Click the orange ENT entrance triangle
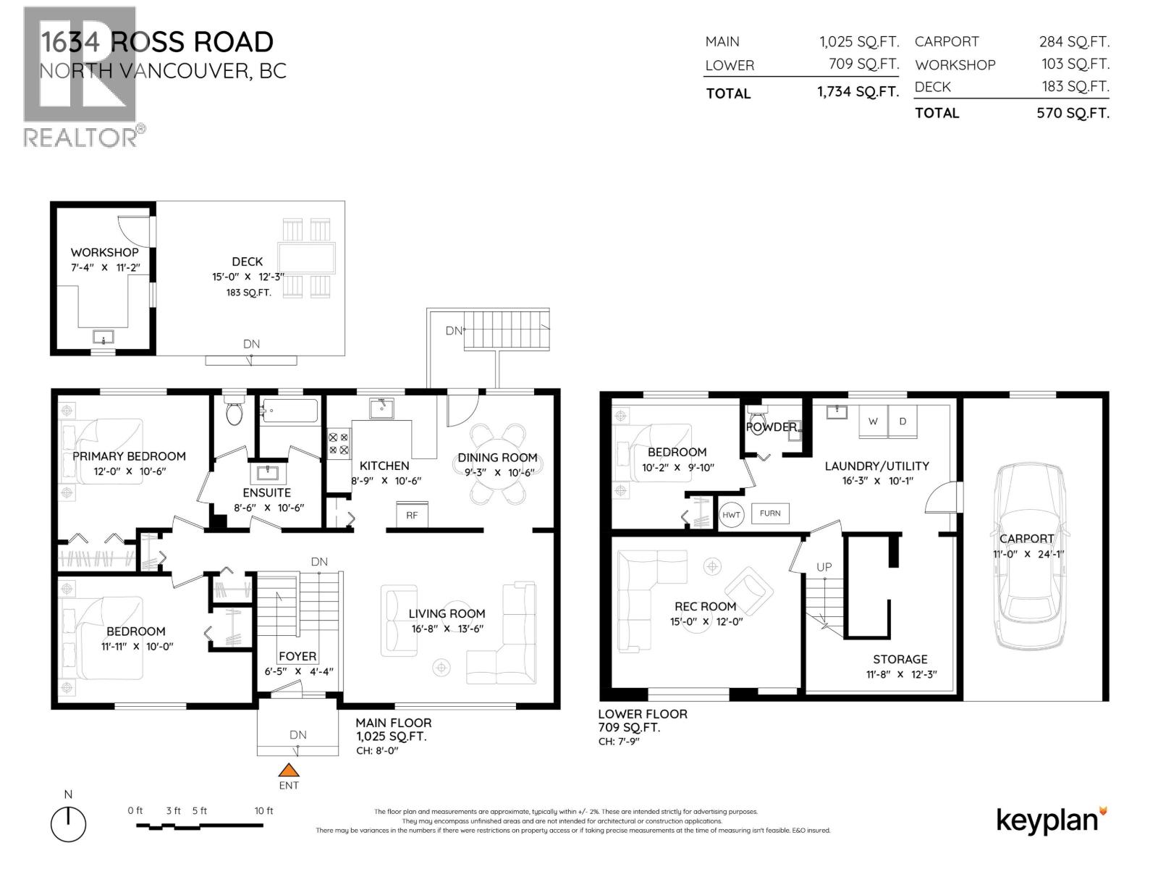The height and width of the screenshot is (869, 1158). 289,771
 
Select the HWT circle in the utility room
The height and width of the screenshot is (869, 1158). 731,515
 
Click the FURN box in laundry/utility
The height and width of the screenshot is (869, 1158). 770,513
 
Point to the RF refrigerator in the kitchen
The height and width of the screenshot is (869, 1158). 412,515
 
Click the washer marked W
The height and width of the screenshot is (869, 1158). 873,421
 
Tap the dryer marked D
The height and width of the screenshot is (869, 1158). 903,421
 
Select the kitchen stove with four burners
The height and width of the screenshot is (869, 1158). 338,443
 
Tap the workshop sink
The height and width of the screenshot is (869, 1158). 103,337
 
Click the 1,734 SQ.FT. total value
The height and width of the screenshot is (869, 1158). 858,93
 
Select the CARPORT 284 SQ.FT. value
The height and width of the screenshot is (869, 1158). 1074,42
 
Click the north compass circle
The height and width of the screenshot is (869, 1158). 68,824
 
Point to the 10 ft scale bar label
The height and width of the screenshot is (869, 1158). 263,811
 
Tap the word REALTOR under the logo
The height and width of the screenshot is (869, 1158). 80,138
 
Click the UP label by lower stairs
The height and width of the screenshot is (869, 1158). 824,567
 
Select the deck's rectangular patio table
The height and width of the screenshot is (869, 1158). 306,259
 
